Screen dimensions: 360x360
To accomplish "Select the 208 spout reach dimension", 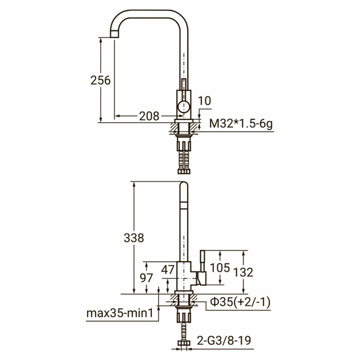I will (x=149, y=116).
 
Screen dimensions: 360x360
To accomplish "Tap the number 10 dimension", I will (x=204, y=101).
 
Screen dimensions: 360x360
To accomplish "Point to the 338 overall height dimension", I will (x=134, y=238).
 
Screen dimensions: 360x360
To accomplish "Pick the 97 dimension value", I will (x=147, y=278).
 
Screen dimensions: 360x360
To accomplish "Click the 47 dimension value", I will (x=168, y=269).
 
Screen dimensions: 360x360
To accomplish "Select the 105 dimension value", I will (x=220, y=267).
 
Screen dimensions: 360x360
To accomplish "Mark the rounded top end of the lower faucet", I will (x=183, y=186).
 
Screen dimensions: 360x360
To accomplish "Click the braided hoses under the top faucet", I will (x=184, y=157).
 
